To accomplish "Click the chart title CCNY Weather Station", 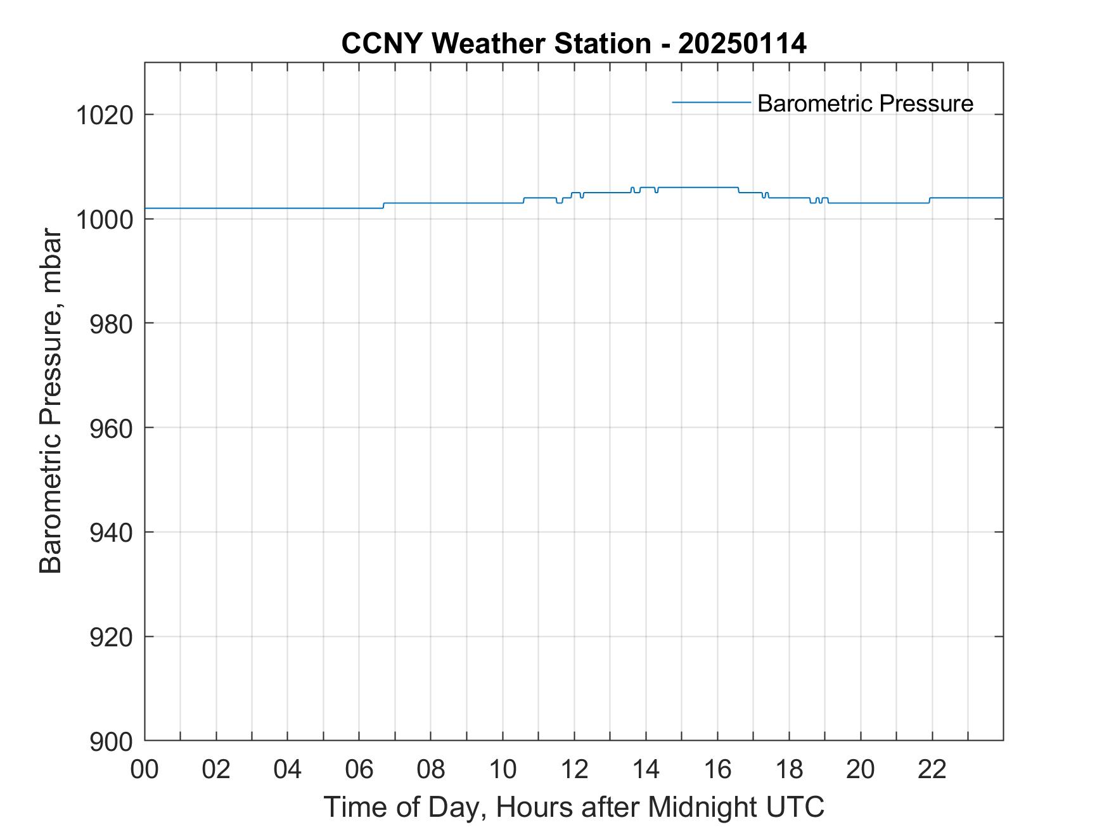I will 496,44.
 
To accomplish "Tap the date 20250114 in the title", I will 742,44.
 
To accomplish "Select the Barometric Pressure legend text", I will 864,103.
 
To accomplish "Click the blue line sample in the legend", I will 711,102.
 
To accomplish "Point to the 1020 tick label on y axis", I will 104,115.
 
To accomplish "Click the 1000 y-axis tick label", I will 104,219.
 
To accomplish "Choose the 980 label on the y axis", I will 111,324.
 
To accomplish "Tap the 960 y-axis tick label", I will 111,428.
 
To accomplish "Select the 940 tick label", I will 111,533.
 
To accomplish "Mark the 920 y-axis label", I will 111,637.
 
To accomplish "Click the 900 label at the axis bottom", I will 111,741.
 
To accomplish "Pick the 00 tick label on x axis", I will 144,769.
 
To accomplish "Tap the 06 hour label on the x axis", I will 359,769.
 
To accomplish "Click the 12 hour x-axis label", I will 574,769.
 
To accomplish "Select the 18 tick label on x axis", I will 789,769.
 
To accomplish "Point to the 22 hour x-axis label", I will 932,769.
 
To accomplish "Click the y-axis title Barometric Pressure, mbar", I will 51,402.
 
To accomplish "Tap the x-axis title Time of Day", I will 574,807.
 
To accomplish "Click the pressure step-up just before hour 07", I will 383,205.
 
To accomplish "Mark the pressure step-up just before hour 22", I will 929,200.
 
